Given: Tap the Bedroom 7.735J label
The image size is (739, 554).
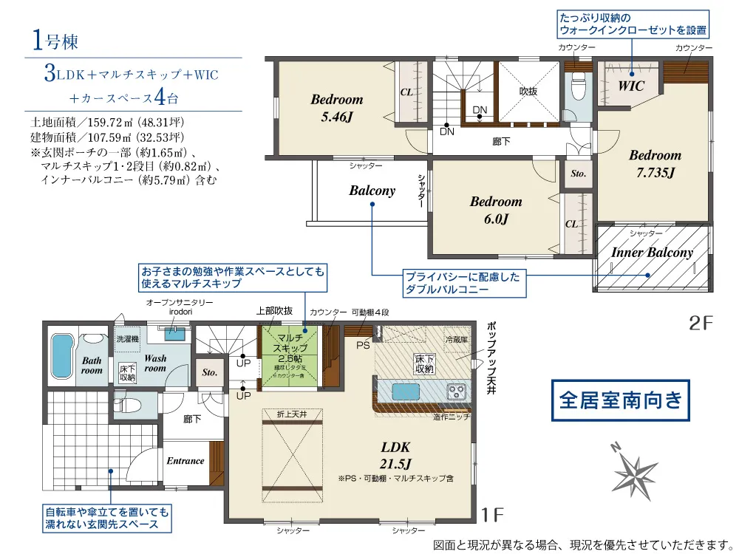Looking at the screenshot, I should click(x=655, y=163).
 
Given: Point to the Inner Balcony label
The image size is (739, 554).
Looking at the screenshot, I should click(x=652, y=253).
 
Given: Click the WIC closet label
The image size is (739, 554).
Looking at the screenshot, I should click(x=630, y=86).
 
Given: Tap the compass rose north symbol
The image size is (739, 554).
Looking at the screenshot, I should click(x=633, y=468).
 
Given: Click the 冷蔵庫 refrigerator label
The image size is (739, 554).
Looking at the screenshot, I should click(x=456, y=340).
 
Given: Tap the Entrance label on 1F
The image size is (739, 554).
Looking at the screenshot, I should click(x=185, y=461).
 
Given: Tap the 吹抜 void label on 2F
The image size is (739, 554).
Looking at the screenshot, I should click(x=527, y=91).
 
